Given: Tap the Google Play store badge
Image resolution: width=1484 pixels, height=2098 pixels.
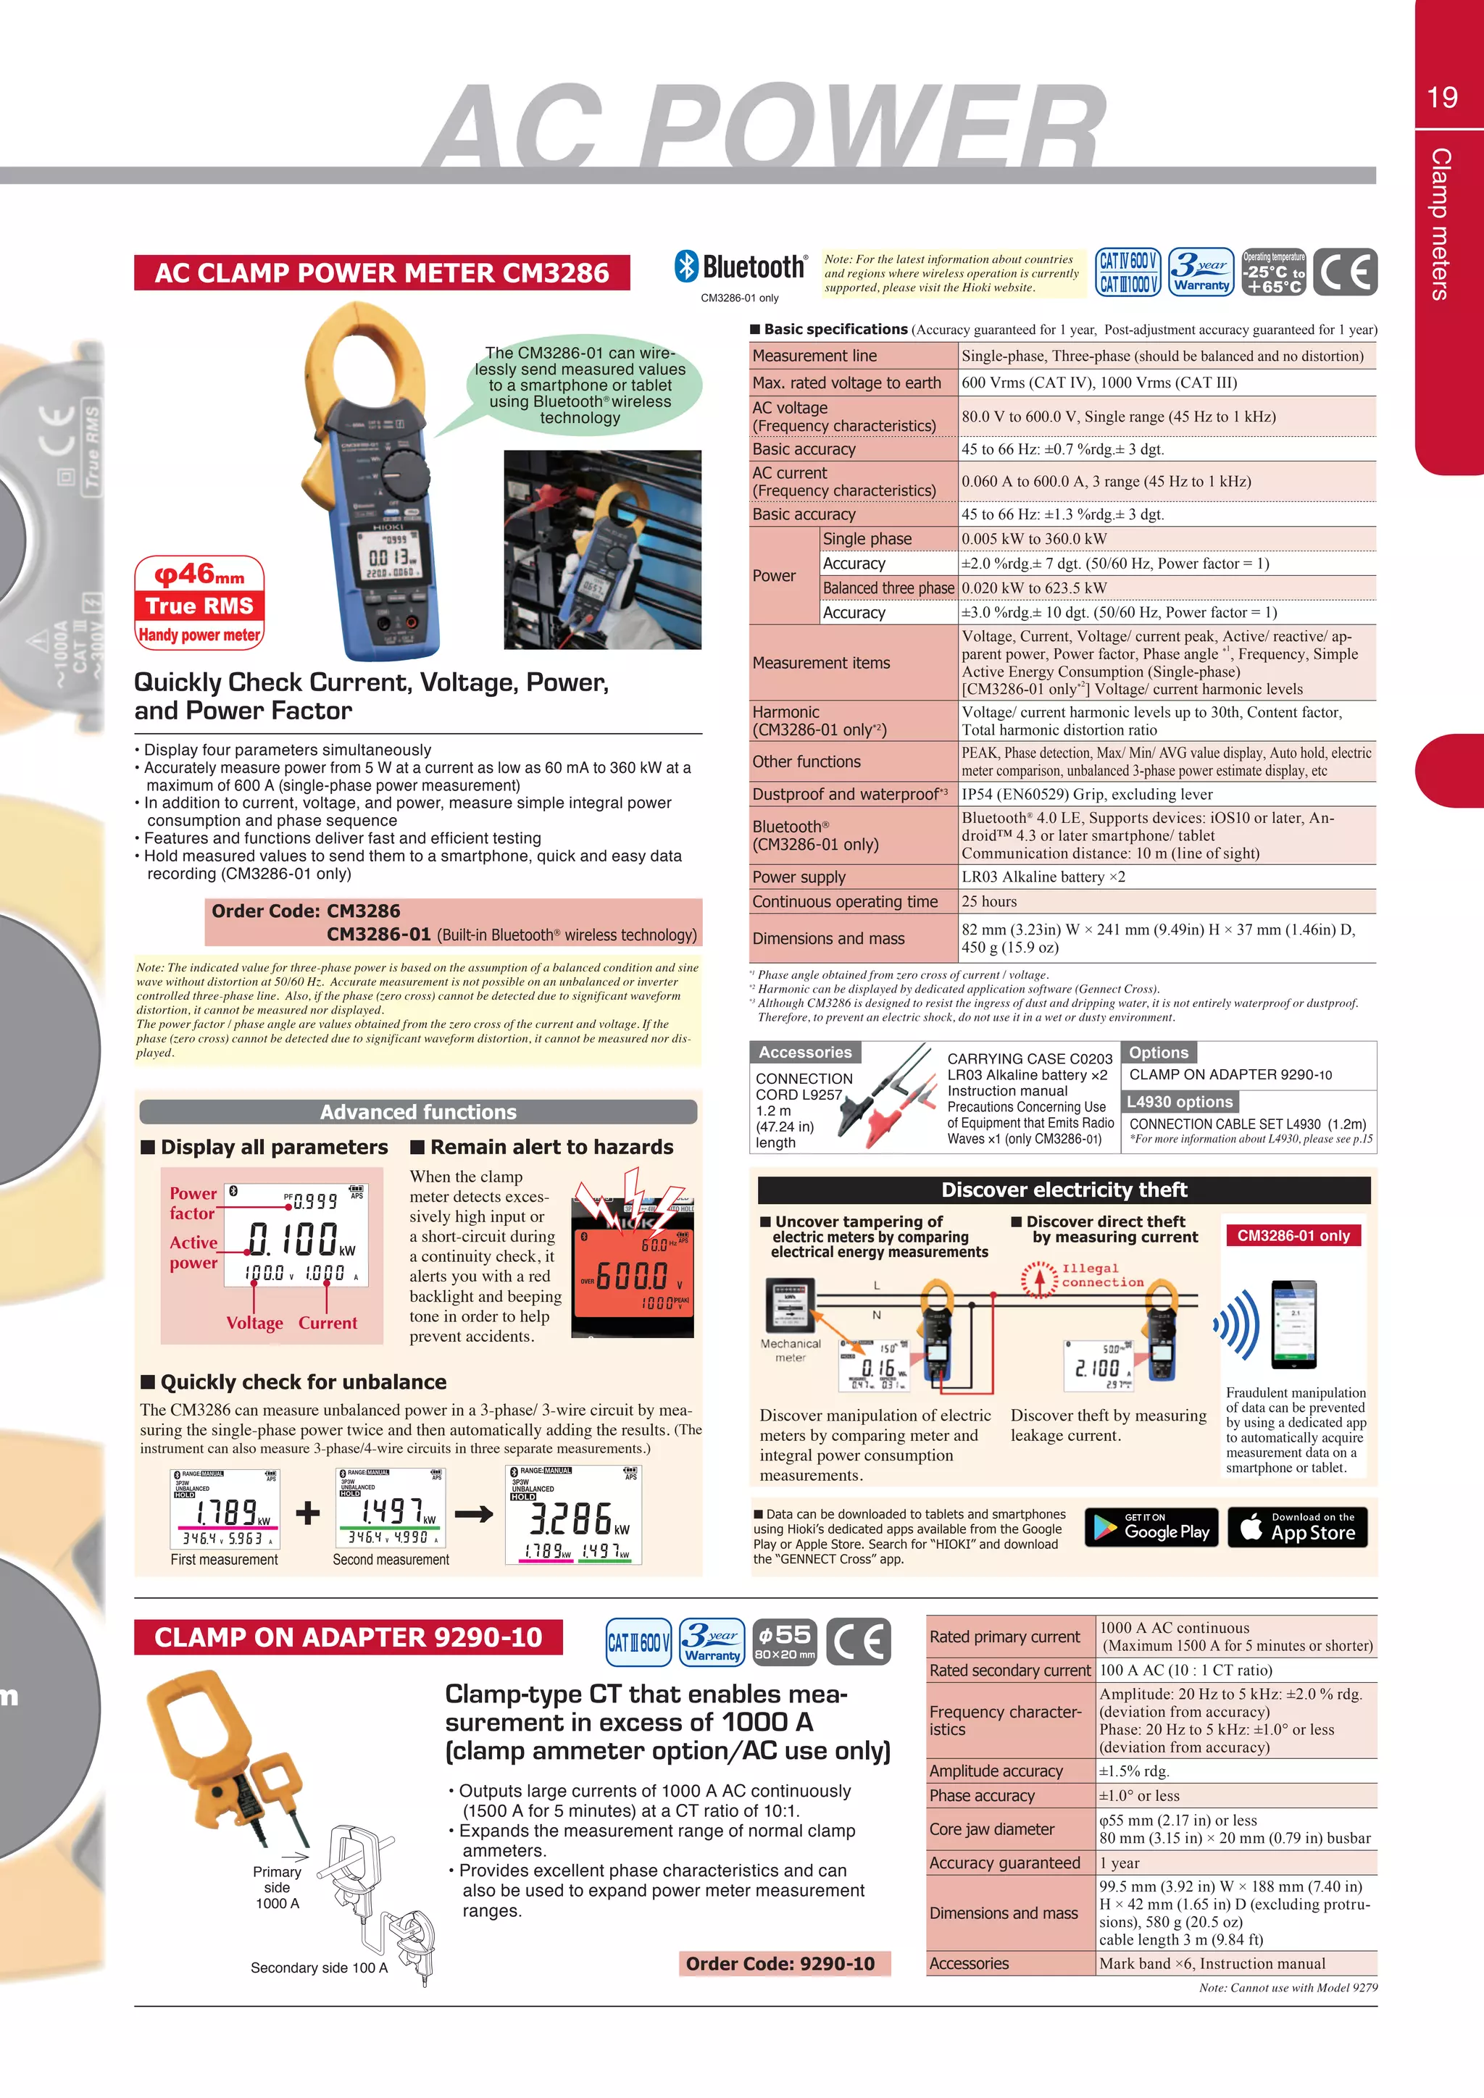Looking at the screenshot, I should [x=1151, y=1527].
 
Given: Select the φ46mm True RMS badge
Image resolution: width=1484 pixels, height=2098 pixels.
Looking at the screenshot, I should [x=199, y=602].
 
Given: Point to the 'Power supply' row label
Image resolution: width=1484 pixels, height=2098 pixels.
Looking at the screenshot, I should [x=799, y=877].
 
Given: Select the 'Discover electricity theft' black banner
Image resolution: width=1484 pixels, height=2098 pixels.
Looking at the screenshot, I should [x=1064, y=1190].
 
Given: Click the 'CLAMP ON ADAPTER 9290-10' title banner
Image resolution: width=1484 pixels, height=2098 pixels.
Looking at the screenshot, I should [x=348, y=1637].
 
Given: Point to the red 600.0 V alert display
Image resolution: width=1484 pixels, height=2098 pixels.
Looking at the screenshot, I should [x=633, y=1275].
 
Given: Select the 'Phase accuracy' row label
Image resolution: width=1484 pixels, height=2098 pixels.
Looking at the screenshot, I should [x=983, y=1796].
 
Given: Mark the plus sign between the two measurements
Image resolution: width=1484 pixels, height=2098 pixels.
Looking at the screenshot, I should [x=308, y=1513].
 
